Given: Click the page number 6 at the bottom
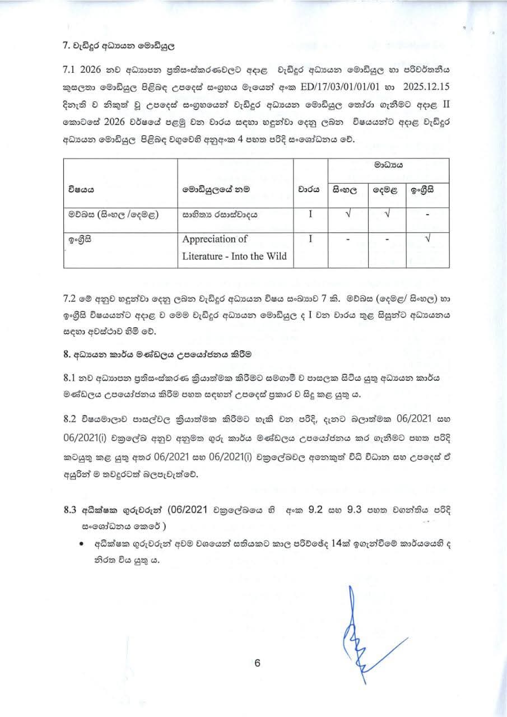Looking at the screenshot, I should pyautogui.click(x=258, y=663).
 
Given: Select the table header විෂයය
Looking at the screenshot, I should pyautogui.click(x=78, y=189).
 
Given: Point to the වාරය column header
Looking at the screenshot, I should pyautogui.click(x=309, y=189).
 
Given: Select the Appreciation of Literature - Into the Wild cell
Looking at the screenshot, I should pyautogui.click(x=234, y=248).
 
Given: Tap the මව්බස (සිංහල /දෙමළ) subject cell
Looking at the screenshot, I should pyautogui.click(x=111, y=215).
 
